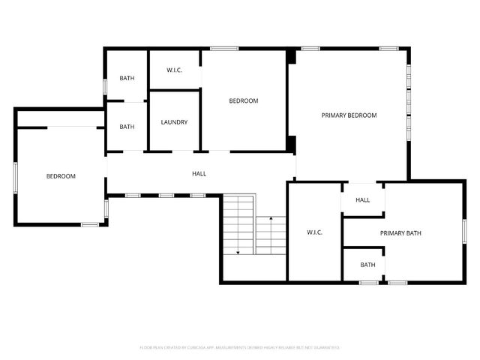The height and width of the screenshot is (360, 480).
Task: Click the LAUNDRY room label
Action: pos(174,122)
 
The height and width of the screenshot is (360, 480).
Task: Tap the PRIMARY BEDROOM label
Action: pos(349,115)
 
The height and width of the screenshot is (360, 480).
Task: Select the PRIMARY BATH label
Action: pos(400,233)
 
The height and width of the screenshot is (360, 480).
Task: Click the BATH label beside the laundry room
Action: pos(127,127)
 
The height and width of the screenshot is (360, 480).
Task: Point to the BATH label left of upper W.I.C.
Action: pos(127,79)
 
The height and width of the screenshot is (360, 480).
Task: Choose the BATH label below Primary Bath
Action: pos(367,265)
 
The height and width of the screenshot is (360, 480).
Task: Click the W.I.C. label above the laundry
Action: pos(174,70)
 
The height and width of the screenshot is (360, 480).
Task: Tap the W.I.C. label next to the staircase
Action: pos(314,233)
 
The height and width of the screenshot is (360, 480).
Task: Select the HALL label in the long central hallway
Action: pos(199,174)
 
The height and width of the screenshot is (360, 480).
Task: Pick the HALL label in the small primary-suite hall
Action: pos(363,200)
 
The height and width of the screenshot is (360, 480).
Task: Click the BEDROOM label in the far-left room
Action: pos(61,176)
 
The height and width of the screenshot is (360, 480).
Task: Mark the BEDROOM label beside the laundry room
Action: pos(244,101)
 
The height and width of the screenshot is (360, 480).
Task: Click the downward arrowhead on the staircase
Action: pos(238,253)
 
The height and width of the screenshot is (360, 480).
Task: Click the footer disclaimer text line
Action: pos(240,347)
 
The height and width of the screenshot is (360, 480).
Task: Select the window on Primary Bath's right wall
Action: pos(465,231)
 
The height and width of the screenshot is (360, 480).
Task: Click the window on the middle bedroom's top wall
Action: pos(224,49)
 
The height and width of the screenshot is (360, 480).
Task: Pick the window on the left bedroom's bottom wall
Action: pos(90,224)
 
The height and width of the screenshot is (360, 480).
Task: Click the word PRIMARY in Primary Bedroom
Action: pos(334,115)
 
